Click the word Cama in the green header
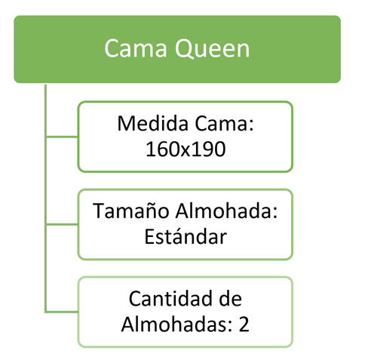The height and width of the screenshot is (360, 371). coord(136,48)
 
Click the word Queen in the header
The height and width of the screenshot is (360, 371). coord(213,49)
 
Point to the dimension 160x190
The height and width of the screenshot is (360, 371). coord(185,149)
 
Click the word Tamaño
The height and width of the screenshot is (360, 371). coord(130,211)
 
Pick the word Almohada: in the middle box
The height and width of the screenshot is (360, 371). coord(227,211)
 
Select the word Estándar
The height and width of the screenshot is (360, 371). coord(185,236)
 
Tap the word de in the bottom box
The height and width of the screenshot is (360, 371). coord(231,298)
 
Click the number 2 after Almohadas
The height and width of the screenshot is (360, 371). coord(244,325)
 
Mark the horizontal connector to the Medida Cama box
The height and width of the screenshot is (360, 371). coord(62,137)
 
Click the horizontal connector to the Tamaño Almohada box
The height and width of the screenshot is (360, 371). coord(62,224)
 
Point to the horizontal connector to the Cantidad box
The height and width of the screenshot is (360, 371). coord(62,312)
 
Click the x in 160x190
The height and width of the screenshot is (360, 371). coord(185,151)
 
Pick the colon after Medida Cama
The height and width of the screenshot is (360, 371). coord(252,125)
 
